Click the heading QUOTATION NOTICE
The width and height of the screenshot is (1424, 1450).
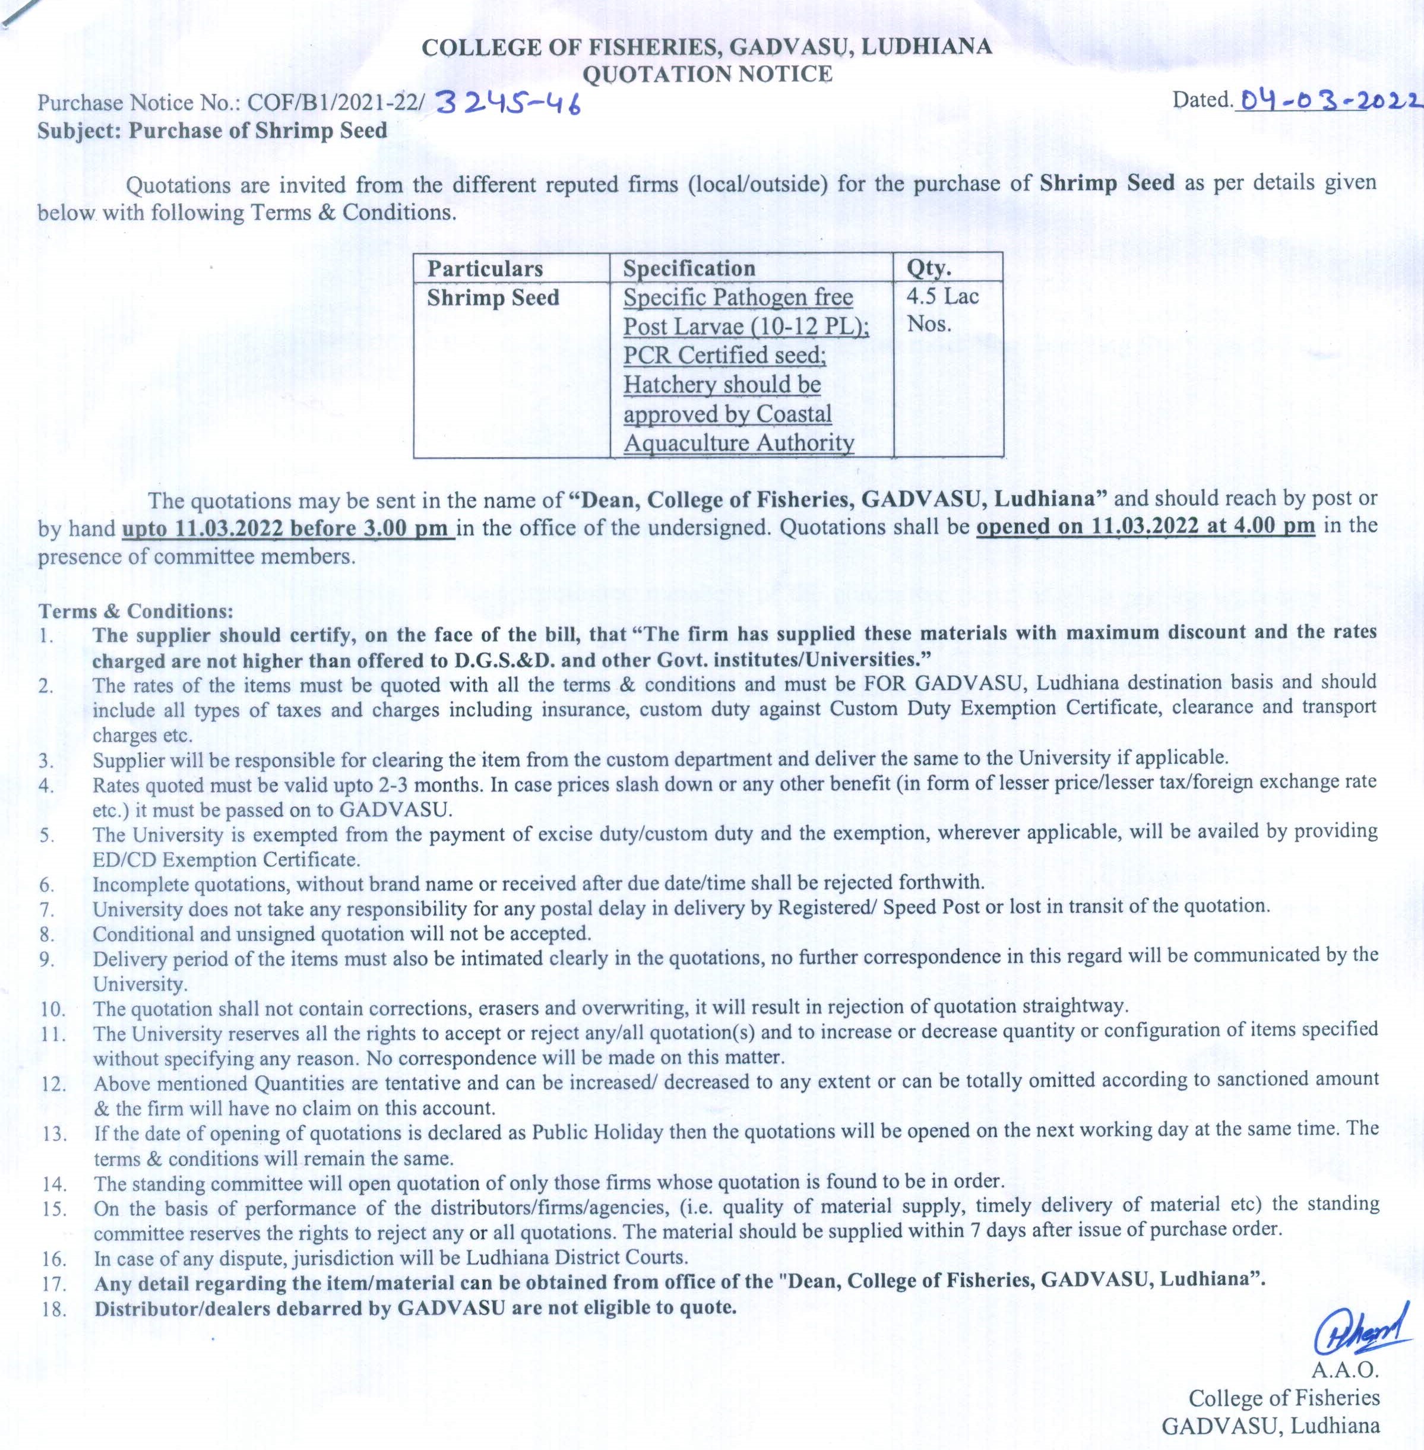tap(707, 73)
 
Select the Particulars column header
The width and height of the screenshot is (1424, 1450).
tap(485, 268)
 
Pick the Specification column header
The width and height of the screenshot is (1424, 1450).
tap(689, 268)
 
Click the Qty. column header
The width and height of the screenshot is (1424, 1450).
tap(929, 268)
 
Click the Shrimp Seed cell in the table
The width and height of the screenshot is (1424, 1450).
tap(493, 297)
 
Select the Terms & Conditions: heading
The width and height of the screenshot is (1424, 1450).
tap(136, 611)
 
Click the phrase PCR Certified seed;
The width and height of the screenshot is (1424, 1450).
tap(724, 355)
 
